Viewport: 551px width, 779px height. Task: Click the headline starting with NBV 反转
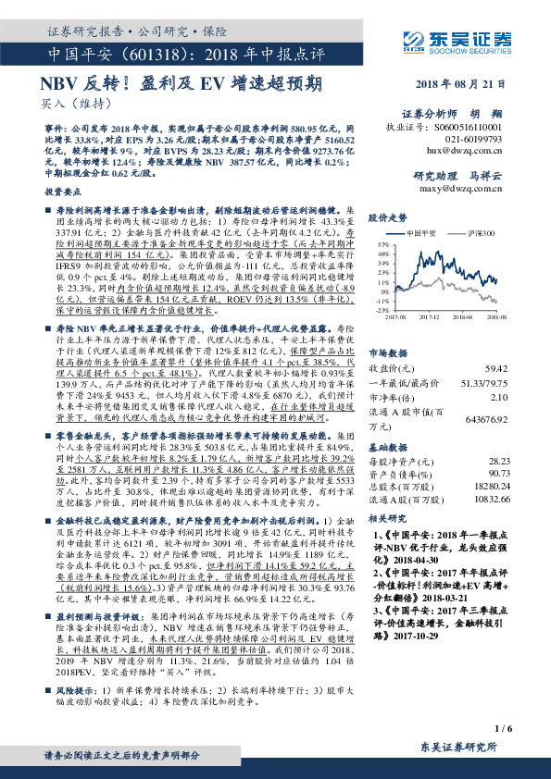[x=182, y=82]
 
